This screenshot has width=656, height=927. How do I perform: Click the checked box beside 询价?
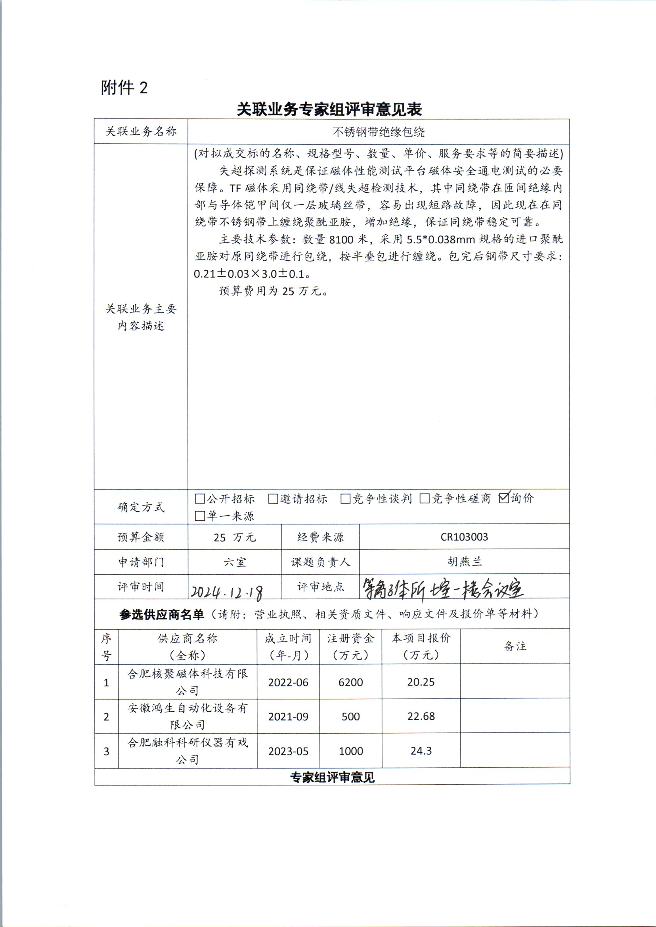tap(504, 498)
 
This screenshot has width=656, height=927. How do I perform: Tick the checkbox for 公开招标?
tap(199, 499)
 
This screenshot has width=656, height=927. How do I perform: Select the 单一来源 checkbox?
tap(199, 516)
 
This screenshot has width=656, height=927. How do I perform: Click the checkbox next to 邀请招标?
tap(273, 499)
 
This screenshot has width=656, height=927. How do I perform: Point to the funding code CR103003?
tap(464, 537)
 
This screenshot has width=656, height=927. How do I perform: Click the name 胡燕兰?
tap(464, 562)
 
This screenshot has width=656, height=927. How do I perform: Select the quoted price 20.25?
tap(421, 682)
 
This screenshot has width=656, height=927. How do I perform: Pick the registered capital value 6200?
tap(351, 682)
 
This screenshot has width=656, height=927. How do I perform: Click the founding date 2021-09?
tap(288, 717)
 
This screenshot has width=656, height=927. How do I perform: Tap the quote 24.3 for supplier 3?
tap(421, 751)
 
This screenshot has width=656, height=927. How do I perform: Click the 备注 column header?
tap(515, 646)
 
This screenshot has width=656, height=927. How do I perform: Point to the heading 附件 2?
tap(124, 88)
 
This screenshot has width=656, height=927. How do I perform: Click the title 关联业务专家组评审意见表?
tap(329, 109)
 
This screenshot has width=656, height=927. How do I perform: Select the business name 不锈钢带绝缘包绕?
tap(379, 132)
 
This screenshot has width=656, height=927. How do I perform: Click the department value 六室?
tap(235, 562)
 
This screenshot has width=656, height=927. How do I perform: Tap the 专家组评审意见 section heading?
tap(332, 777)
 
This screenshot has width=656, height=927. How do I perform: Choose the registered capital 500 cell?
tap(351, 717)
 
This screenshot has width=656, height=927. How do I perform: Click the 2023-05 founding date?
tap(288, 751)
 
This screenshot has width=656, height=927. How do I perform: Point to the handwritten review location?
tap(442, 589)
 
